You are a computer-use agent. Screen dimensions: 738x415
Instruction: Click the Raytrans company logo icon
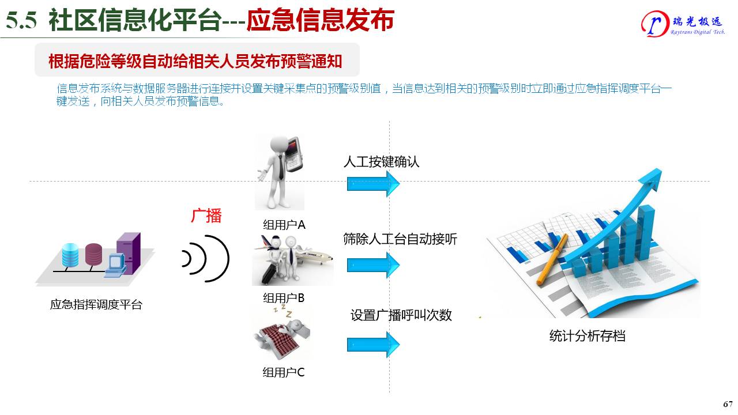click(x=656, y=24)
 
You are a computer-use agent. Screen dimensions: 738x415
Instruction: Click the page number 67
click(x=728, y=404)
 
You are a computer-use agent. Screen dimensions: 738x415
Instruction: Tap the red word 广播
click(x=206, y=216)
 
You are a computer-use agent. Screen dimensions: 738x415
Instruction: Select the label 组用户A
click(x=284, y=225)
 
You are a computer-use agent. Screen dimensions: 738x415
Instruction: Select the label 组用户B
click(x=284, y=298)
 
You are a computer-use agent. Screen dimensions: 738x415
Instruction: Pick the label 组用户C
click(x=283, y=372)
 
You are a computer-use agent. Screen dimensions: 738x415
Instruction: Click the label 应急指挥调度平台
click(x=96, y=304)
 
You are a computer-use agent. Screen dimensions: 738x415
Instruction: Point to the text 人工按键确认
click(x=381, y=162)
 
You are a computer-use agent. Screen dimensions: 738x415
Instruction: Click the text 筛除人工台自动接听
click(x=400, y=239)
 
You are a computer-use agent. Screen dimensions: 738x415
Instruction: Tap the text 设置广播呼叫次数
click(x=401, y=315)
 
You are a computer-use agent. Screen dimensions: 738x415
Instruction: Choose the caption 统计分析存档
click(x=587, y=336)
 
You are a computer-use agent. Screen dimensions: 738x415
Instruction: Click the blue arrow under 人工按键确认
click(x=373, y=184)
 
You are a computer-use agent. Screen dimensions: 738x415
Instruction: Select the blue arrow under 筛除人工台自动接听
click(x=373, y=265)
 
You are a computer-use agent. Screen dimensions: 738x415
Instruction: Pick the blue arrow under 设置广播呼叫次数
click(x=373, y=345)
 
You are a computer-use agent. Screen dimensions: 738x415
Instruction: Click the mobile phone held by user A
click(x=294, y=154)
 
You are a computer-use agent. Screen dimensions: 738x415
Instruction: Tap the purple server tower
click(x=129, y=253)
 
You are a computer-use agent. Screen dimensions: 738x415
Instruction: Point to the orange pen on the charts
click(x=552, y=259)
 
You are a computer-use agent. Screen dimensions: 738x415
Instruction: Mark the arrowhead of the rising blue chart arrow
click(x=651, y=180)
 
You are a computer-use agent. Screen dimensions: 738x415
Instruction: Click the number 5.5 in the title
click(x=21, y=20)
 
